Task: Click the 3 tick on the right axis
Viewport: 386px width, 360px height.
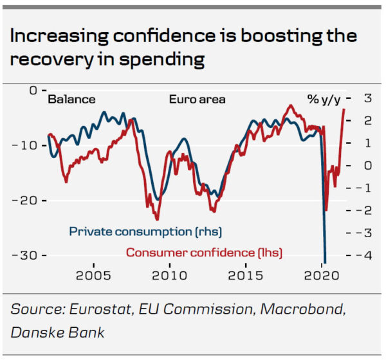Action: [368, 98]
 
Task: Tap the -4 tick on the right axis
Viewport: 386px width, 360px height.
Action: [364, 255]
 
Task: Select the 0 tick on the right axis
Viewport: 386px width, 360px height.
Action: [368, 165]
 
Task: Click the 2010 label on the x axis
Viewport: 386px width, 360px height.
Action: [169, 275]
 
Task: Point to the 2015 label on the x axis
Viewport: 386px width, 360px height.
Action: [244, 275]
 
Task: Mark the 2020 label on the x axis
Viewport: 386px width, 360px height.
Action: [320, 275]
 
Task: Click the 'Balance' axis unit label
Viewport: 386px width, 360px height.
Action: [72, 100]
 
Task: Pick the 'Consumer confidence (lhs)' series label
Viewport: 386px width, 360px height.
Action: [204, 252]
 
